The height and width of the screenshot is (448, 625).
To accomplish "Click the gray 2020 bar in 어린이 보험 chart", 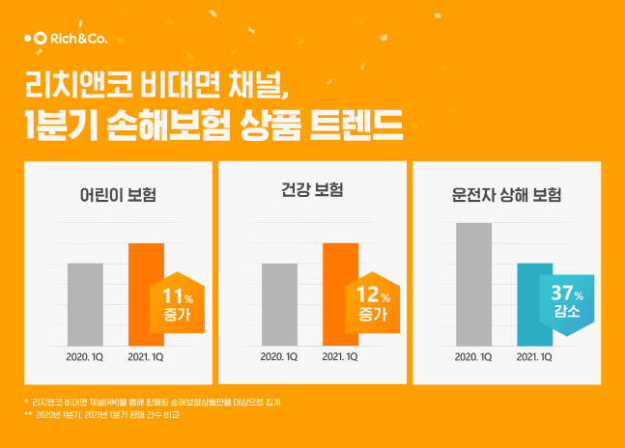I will [85, 303].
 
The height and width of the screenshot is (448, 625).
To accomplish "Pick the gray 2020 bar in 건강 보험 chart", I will [279, 303].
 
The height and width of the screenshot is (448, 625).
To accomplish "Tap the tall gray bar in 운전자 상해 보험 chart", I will [473, 283].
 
